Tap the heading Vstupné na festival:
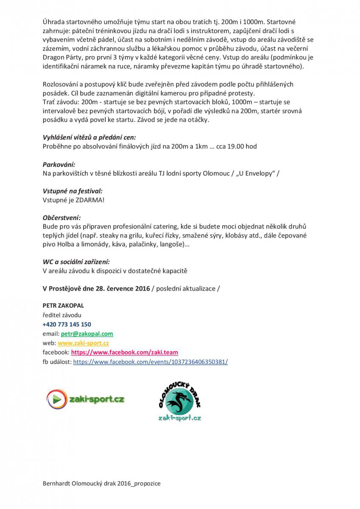click(x=73, y=191)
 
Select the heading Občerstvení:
click(x=62, y=218)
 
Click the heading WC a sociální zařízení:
click(x=79, y=262)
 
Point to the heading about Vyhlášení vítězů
click(x=89, y=138)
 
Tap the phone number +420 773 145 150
click(x=67, y=324)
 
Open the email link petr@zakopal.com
click(x=87, y=334)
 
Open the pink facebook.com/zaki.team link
click(x=124, y=352)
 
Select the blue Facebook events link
click(x=150, y=362)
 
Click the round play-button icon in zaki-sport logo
click(x=55, y=399)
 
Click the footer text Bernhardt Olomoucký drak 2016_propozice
click(x=101, y=484)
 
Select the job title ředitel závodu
click(x=62, y=315)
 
